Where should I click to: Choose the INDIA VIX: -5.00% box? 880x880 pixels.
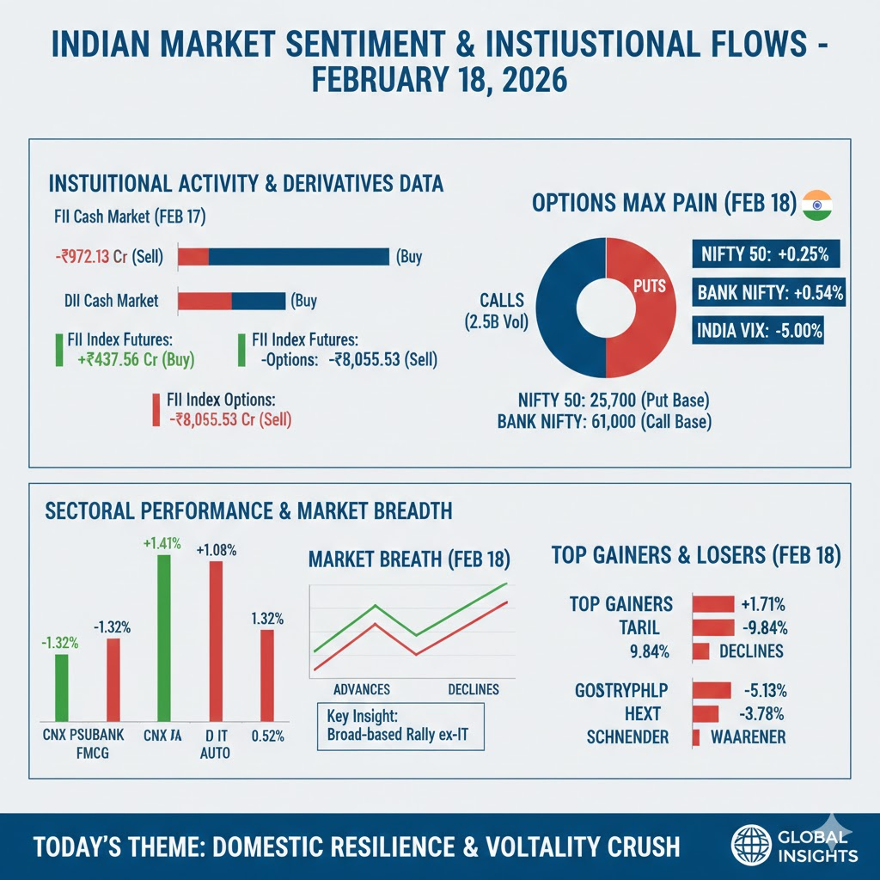coord(758,330)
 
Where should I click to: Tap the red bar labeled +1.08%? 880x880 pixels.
coord(216,640)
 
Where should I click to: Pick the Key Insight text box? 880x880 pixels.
coord(400,726)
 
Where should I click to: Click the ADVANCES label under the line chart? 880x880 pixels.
coord(361,689)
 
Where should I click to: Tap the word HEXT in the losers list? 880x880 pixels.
coord(643,713)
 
